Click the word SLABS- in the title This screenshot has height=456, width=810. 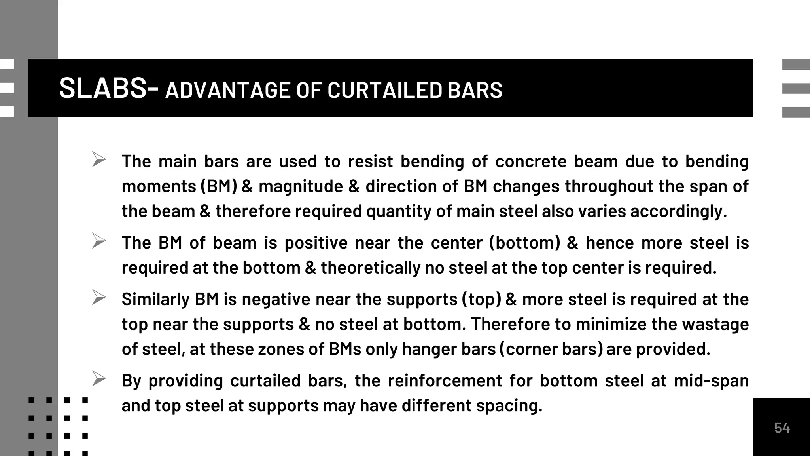[x=109, y=88]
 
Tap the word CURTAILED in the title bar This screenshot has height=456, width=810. [x=384, y=90]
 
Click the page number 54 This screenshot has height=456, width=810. [x=782, y=428]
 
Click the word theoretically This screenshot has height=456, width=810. [x=370, y=268]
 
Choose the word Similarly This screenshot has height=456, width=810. [x=155, y=299]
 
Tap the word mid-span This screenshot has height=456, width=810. [x=711, y=381]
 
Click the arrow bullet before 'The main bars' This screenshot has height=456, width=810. [x=98, y=160]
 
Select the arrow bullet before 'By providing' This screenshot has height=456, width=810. [x=98, y=379]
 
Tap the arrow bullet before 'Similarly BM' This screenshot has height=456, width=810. [x=98, y=297]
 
